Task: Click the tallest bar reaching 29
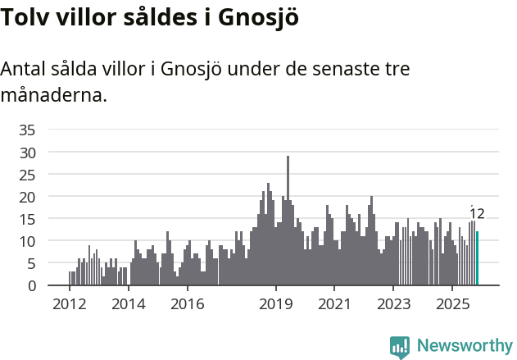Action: click(x=288, y=221)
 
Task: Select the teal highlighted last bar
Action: click(x=477, y=258)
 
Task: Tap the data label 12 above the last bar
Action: click(x=477, y=214)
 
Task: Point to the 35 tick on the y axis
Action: click(x=27, y=130)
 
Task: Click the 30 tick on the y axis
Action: click(x=27, y=153)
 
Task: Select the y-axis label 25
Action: click(x=27, y=175)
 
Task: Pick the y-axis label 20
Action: click(x=27, y=197)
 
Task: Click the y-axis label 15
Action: click(x=27, y=219)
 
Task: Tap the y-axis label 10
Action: click(x=27, y=241)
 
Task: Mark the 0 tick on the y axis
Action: click(x=31, y=285)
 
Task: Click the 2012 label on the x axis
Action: click(x=69, y=304)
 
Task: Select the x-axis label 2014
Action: click(x=128, y=304)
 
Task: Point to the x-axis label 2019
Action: click(x=275, y=304)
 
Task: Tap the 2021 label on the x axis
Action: click(x=334, y=304)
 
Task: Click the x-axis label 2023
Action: click(x=393, y=304)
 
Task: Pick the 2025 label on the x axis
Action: click(x=452, y=304)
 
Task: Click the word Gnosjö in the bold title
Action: click(x=258, y=18)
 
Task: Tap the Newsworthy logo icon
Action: click(x=400, y=346)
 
